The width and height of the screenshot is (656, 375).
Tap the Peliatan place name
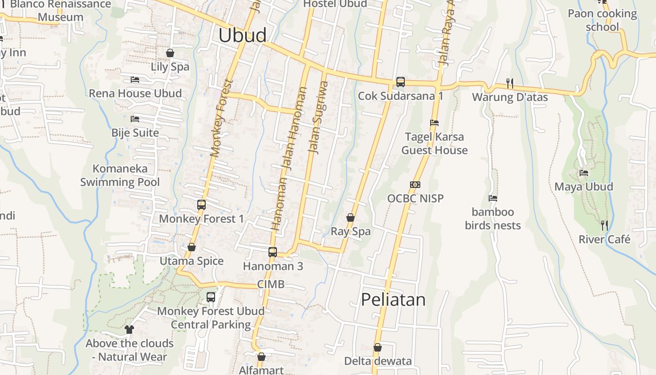pyautogui.click(x=393, y=300)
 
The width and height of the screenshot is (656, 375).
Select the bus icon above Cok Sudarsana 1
pyautogui.click(x=400, y=82)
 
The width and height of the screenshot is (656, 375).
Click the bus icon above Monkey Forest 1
pyautogui.click(x=201, y=205)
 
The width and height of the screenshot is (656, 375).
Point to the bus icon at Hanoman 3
pyautogui.click(x=273, y=252)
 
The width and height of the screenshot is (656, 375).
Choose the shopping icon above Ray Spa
pyautogui.click(x=350, y=217)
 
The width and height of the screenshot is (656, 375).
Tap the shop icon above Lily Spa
pyautogui.click(x=170, y=53)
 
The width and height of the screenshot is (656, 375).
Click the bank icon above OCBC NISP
pyautogui.click(x=415, y=185)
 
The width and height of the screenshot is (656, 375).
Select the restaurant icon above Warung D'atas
pyautogui.click(x=510, y=83)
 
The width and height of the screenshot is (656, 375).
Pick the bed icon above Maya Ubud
pyautogui.click(x=583, y=173)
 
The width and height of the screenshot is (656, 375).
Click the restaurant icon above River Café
pyautogui.click(x=604, y=225)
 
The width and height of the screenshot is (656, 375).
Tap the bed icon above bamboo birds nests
pyautogui.click(x=492, y=198)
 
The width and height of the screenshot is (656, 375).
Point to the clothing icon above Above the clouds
pyautogui.click(x=129, y=330)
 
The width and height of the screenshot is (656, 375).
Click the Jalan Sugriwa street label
pyautogui.click(x=317, y=117)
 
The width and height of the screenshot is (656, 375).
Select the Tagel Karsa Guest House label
pyautogui.click(x=434, y=143)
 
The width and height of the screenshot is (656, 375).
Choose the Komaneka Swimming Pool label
pyautogui.click(x=120, y=175)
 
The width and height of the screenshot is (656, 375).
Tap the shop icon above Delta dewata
pyautogui.click(x=377, y=347)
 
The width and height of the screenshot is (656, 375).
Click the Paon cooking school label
pyautogui.click(x=602, y=20)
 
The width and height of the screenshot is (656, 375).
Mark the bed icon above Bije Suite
pyautogui.click(x=135, y=119)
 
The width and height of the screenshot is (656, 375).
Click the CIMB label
pyautogui.click(x=270, y=285)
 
